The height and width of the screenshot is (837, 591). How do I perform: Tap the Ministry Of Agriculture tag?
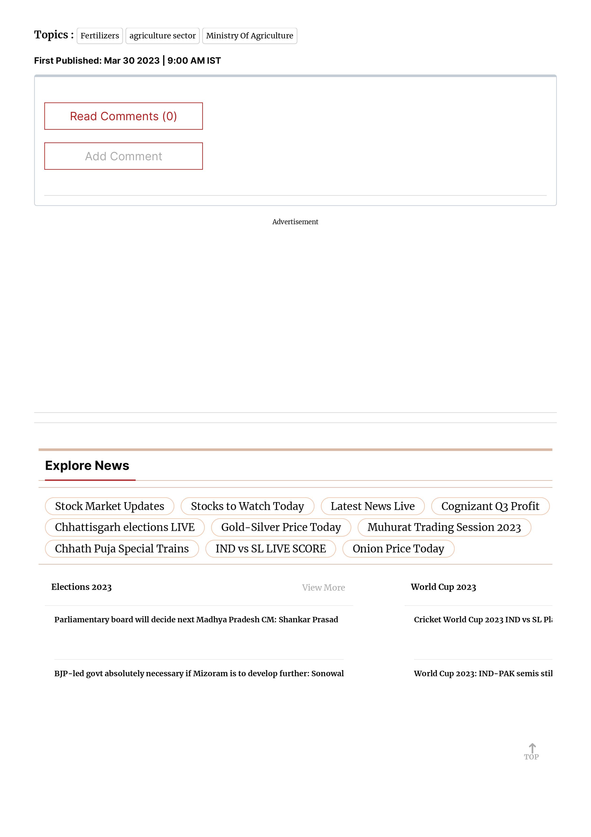click(x=250, y=36)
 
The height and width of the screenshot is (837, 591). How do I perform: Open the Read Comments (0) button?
click(x=123, y=116)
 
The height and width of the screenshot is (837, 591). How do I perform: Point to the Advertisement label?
click(x=295, y=222)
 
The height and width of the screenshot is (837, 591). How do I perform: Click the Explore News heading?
click(x=87, y=466)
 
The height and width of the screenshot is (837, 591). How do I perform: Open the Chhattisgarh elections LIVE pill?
click(x=125, y=527)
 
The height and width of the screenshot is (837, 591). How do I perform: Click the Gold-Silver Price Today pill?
click(x=281, y=527)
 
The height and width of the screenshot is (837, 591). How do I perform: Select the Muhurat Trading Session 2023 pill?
click(x=444, y=527)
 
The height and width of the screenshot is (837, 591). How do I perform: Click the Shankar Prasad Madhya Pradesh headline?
click(x=196, y=619)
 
